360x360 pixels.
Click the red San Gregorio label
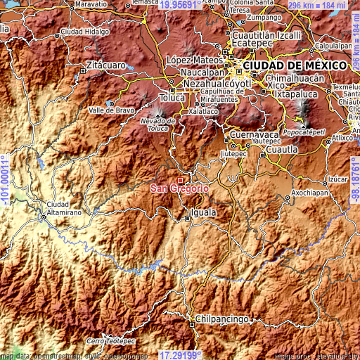point(179,188)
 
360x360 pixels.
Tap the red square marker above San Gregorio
point(180,181)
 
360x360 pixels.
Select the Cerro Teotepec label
point(110,340)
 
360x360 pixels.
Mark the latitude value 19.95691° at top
point(181,5)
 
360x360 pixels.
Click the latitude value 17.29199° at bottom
point(181,355)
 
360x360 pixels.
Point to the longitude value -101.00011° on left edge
point(5,180)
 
